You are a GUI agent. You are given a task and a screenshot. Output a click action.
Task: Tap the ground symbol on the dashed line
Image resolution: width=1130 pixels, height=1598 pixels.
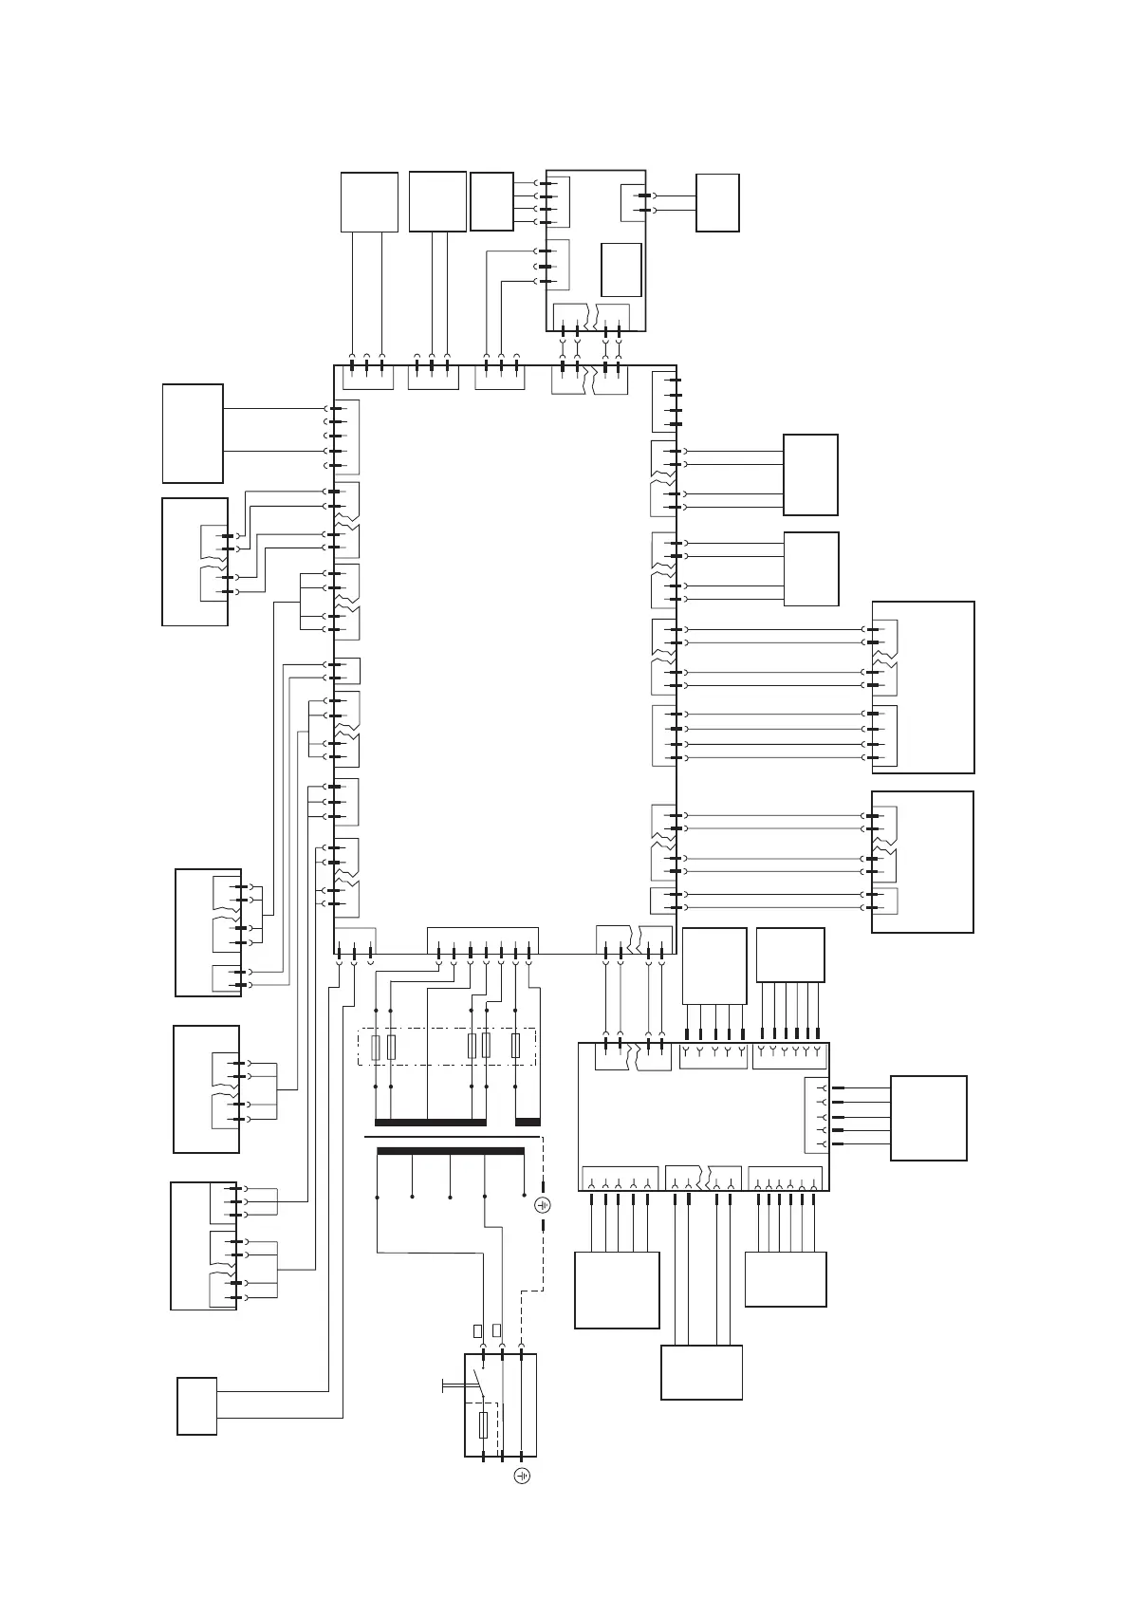(x=543, y=1205)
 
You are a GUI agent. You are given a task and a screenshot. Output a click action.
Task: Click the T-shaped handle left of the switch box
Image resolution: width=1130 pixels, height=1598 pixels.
(x=446, y=1386)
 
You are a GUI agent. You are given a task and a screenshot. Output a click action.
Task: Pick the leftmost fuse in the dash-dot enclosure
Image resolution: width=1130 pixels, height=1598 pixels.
(x=377, y=1048)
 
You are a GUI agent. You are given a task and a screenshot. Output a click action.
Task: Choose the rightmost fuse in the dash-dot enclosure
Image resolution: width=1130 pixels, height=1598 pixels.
(x=515, y=1047)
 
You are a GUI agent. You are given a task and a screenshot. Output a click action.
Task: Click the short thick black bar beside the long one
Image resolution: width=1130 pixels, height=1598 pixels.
(x=528, y=1122)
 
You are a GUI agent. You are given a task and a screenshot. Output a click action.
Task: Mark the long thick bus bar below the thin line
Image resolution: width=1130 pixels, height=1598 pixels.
(x=451, y=1151)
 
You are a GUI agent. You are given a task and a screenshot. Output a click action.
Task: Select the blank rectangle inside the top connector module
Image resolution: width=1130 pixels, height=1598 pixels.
(x=621, y=269)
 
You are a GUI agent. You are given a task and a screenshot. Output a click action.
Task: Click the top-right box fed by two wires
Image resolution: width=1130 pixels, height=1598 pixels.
(x=717, y=202)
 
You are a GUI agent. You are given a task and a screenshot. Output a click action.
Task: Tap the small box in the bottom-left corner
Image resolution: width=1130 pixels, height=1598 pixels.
(x=196, y=1405)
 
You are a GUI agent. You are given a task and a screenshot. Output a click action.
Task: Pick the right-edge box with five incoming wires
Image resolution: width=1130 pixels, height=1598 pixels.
(x=928, y=1118)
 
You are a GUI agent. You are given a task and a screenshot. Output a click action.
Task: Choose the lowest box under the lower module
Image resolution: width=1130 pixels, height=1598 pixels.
(x=701, y=1372)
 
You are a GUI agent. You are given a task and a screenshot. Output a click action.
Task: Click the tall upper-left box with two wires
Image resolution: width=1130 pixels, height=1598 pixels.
(x=193, y=434)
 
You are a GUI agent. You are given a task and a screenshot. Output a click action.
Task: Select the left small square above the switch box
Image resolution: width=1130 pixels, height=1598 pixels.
(x=478, y=1329)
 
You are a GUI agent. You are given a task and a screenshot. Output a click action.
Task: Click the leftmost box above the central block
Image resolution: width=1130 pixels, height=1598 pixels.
(x=369, y=201)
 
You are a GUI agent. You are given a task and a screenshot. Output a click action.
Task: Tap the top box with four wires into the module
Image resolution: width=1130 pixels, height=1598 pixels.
(x=491, y=201)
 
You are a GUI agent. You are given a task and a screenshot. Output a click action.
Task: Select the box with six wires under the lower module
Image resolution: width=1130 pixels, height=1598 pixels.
(x=786, y=1278)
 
